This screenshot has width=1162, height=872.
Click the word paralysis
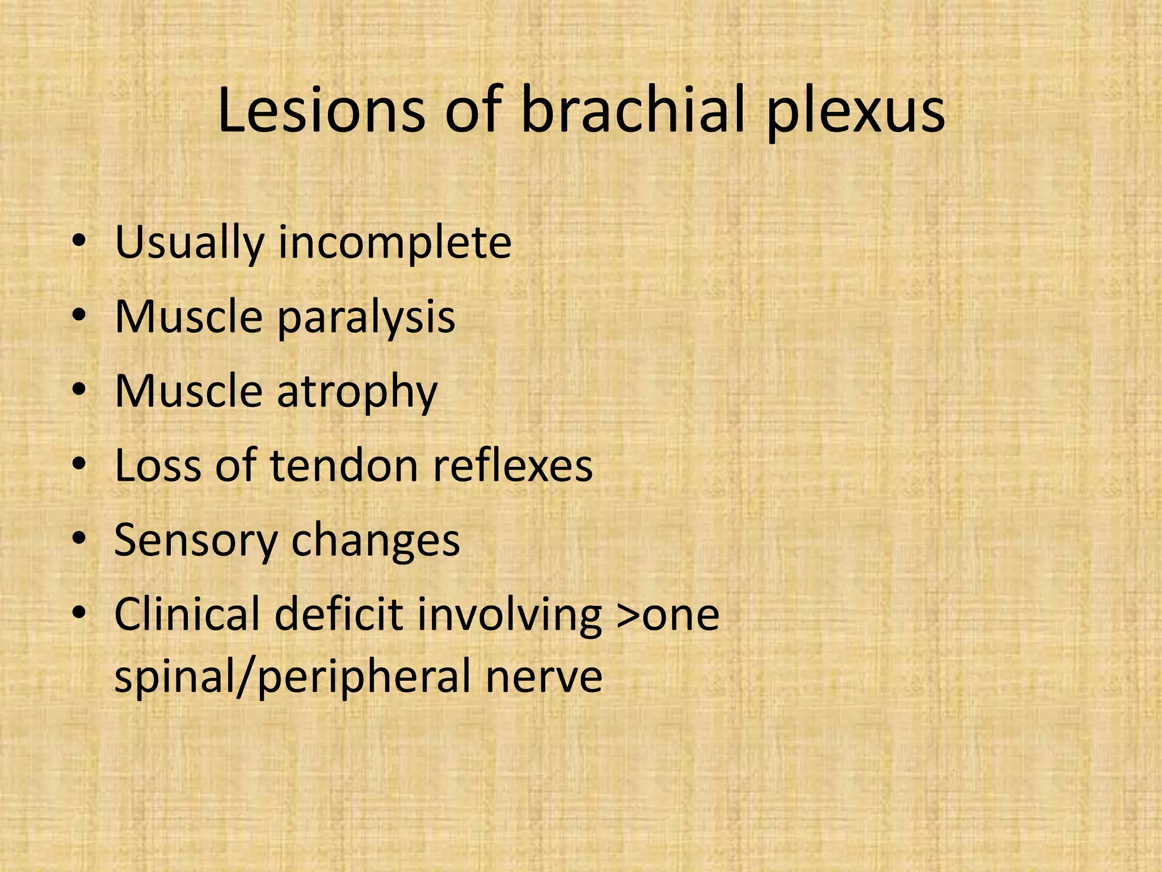point(366,318)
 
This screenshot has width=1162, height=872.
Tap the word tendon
point(344,466)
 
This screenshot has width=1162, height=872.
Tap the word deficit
point(339,614)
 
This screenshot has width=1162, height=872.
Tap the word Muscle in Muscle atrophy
point(188,392)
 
